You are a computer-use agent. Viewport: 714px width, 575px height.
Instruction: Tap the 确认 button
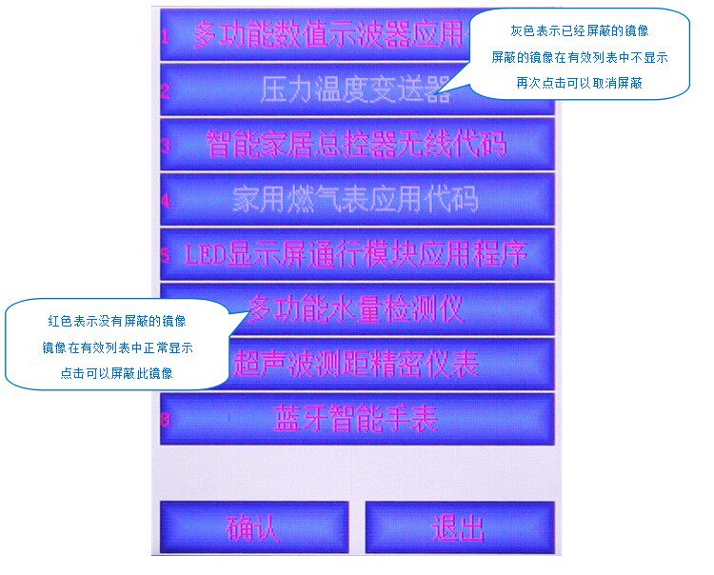pos(253,526)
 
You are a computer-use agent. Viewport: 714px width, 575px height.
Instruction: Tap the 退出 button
pos(458,526)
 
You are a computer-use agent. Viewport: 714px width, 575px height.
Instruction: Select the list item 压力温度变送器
pos(356,89)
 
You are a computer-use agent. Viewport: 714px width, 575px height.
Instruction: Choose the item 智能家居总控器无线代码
pos(356,145)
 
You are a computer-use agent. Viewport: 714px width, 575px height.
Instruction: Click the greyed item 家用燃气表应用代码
pos(356,199)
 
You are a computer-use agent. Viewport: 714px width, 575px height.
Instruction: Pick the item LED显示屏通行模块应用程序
pos(356,254)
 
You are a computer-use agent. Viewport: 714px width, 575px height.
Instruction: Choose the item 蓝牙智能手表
pos(356,419)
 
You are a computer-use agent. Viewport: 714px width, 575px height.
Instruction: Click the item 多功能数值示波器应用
pos(324,35)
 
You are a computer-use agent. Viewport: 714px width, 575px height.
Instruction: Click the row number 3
pos(165,146)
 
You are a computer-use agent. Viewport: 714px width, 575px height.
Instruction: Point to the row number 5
pos(165,255)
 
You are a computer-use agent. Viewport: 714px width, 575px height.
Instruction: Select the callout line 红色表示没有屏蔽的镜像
pos(117,321)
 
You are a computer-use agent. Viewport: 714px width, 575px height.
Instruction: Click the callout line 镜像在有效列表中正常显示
pos(117,347)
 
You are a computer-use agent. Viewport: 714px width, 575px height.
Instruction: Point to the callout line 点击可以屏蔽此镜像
pos(117,373)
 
